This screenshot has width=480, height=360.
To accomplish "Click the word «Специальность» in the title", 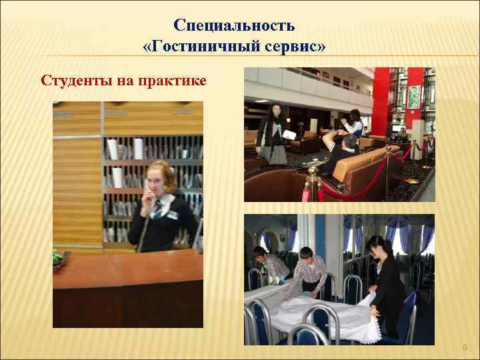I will coord(234,26).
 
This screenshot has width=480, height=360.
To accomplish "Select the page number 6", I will coord(465,347).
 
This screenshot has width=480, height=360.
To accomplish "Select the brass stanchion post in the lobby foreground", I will coord(311,180).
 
